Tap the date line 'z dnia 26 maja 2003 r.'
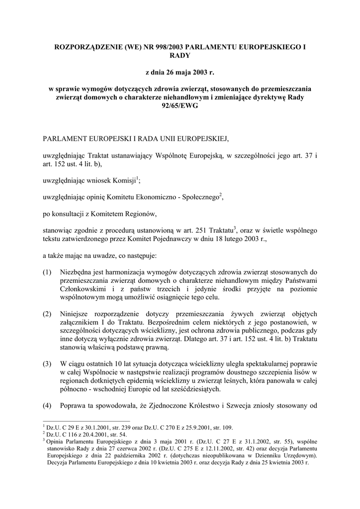click(180, 73)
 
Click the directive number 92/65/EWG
click(180, 107)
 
